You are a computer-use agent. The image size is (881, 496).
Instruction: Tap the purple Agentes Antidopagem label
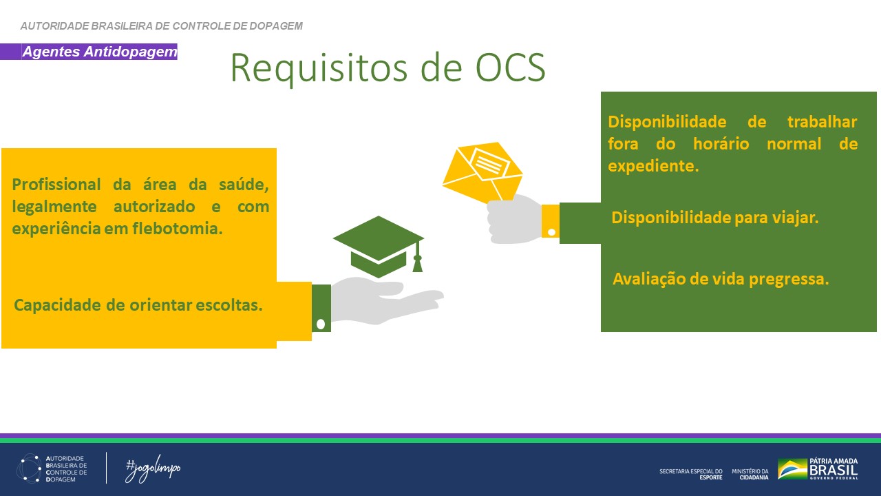(x=99, y=52)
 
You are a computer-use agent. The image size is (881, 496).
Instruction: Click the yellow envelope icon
(x=482, y=170)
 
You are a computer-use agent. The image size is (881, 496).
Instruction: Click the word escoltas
(x=228, y=304)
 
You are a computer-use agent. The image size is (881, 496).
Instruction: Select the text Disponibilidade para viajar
(x=714, y=218)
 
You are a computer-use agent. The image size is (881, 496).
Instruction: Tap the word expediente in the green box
(x=652, y=166)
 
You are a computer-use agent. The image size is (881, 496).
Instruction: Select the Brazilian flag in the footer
(x=792, y=468)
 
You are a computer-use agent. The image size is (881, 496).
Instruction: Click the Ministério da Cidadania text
(x=750, y=474)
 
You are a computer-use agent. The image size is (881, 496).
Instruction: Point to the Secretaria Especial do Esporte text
(x=690, y=474)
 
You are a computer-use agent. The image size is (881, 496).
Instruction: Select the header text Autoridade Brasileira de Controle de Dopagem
(x=162, y=26)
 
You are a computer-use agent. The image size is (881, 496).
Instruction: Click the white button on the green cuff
(x=320, y=324)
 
